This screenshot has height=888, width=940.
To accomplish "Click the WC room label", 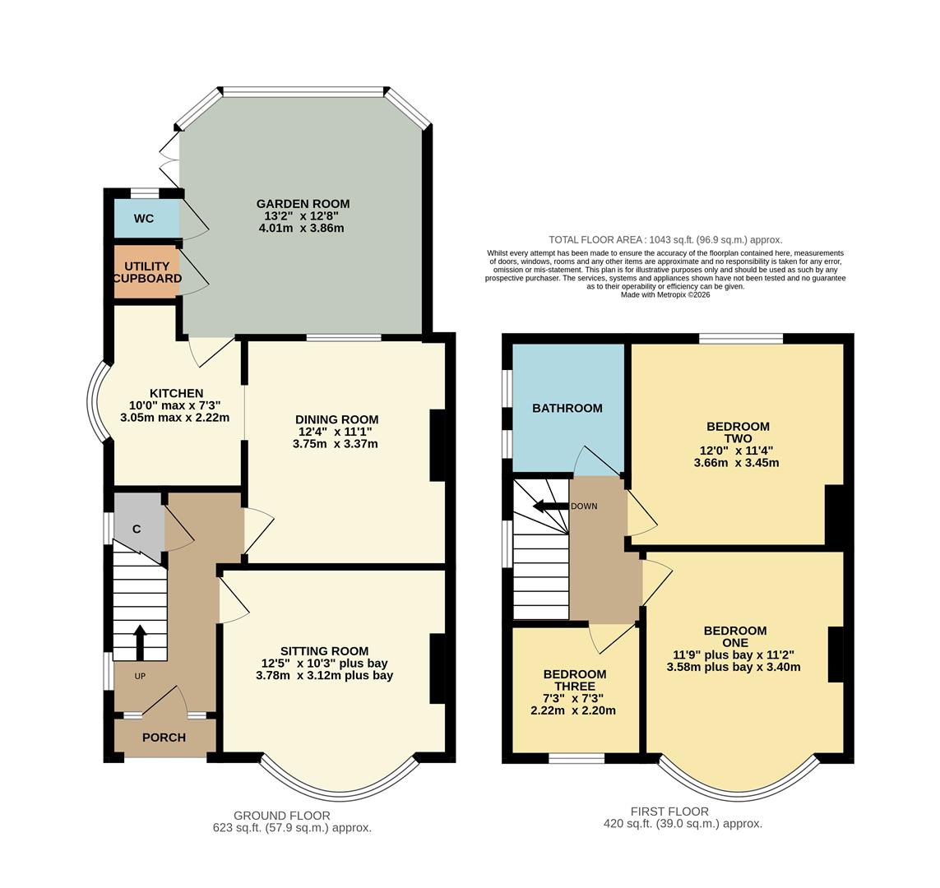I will (144, 219).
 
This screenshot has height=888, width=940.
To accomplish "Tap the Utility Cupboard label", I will (147, 272).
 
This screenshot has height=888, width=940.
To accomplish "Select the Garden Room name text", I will (303, 204).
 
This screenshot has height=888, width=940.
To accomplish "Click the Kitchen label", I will (176, 393).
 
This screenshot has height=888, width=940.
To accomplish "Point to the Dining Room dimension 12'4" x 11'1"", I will (338, 432).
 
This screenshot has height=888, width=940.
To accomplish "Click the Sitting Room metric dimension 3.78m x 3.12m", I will (324, 676).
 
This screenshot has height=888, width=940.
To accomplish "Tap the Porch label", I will (164, 738).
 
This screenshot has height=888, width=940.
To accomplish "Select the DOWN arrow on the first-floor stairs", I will (549, 506).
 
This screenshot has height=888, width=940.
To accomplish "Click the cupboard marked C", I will (137, 530).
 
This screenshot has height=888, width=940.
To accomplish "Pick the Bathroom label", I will (567, 408).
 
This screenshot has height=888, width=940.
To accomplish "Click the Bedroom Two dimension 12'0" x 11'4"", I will (737, 451).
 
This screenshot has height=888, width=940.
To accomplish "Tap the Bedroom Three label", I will (574, 680).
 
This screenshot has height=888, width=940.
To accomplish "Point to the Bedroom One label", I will (734, 636).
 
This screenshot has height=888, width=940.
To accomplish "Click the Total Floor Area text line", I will (665, 239).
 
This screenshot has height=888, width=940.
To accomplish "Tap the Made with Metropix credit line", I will (664, 294).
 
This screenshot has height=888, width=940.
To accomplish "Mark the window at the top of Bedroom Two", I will (741, 338).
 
